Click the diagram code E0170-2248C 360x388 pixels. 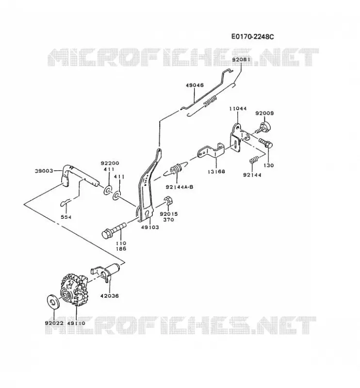[253, 37]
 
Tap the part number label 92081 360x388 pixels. [241, 60]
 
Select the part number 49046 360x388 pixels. [195, 85]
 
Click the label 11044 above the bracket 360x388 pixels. [238, 108]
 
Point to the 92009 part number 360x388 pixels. [265, 113]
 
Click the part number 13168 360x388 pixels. [216, 171]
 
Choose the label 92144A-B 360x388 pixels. [180, 187]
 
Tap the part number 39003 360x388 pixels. [44, 171]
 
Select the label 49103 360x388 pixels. [149, 227]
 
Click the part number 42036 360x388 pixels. [110, 295]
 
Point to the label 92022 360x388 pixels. [54, 323]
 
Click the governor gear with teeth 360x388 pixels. [74, 290]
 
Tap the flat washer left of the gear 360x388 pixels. [53, 301]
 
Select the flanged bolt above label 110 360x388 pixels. [114, 230]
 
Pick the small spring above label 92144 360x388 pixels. [254, 160]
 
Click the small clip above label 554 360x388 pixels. [65, 203]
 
